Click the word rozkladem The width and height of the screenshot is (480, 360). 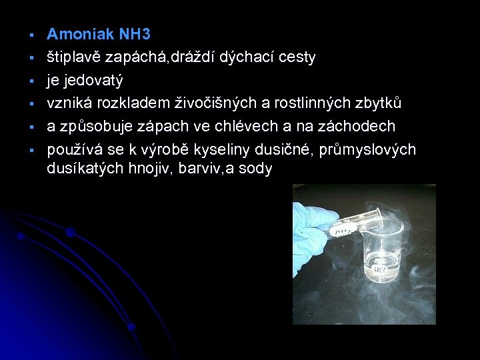tap(131, 103)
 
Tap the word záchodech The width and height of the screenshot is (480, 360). tap(359, 126)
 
